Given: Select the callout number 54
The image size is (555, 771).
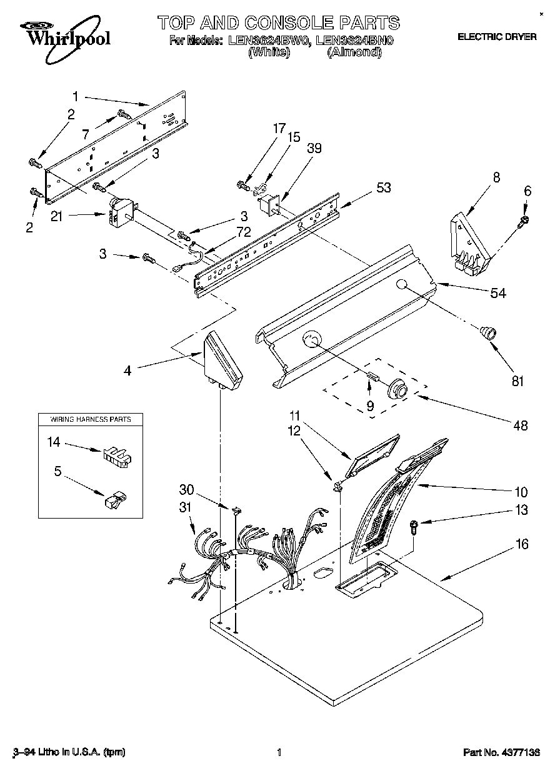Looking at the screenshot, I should point(498,294).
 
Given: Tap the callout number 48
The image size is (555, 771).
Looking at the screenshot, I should point(519,426).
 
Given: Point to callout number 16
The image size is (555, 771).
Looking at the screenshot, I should point(522,545).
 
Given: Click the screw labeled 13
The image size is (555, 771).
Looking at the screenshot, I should point(414,525).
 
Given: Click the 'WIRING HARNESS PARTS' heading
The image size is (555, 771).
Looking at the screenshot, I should point(90,419).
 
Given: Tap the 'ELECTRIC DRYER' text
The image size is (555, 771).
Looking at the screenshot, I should point(497,37).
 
